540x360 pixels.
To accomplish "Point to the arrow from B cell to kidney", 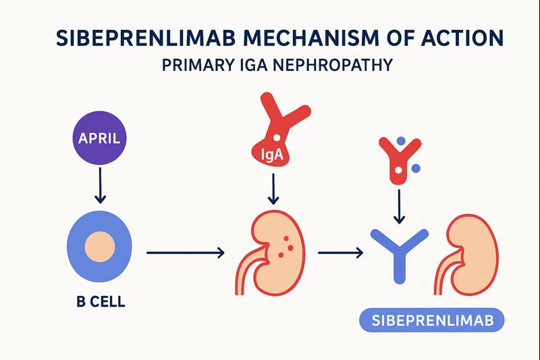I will pyautogui.click(x=186, y=253).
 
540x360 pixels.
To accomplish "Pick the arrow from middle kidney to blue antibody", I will pyautogui.click(x=341, y=253).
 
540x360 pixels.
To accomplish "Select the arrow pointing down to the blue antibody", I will pyautogui.click(x=399, y=206).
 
